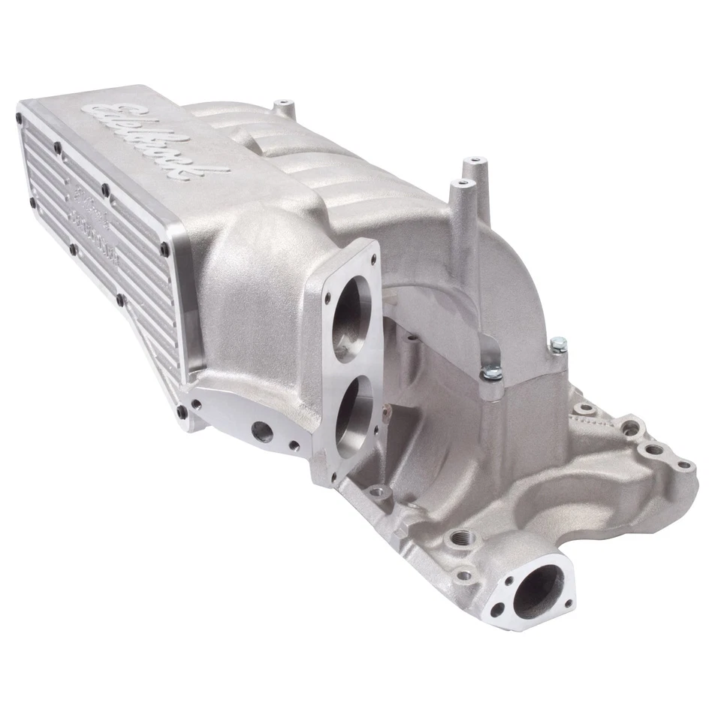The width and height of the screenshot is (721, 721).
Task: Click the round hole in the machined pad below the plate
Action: [x=262, y=430]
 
